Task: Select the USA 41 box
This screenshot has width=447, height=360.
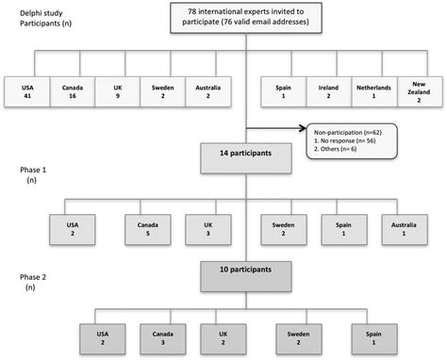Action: [26, 90]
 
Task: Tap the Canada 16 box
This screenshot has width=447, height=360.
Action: [72, 90]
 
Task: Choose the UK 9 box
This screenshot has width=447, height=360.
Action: [116, 90]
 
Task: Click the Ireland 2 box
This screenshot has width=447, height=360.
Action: [331, 90]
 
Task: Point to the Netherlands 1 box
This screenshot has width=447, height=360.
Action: [375, 90]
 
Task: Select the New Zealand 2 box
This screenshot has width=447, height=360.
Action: [421, 90]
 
